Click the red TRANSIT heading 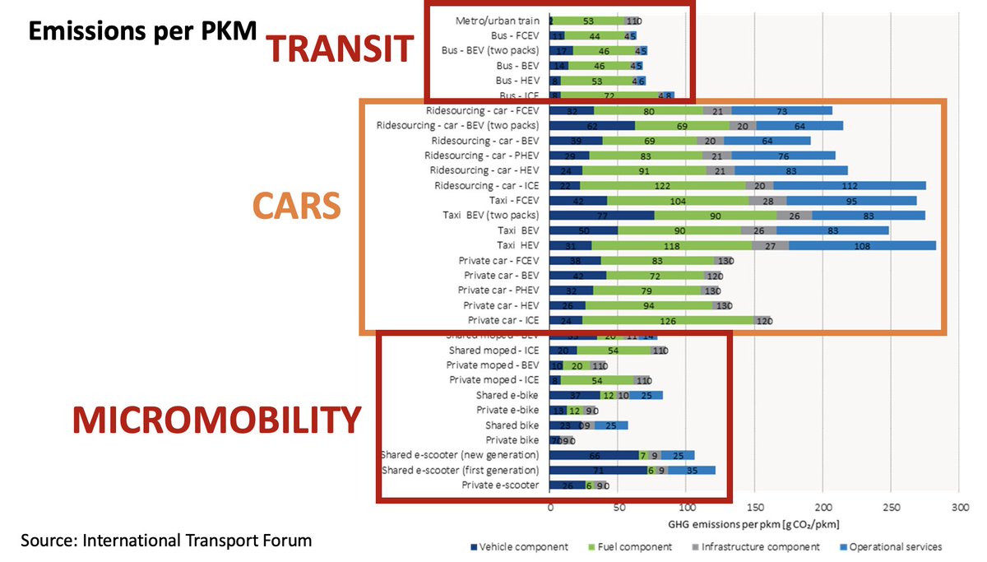tap(340, 50)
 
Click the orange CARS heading tap(295, 207)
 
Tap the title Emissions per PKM tap(142, 30)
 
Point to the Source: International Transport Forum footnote tap(166, 541)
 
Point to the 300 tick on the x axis tap(958, 509)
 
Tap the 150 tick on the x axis tap(754, 509)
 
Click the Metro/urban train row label tap(497, 20)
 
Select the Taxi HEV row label tap(517, 245)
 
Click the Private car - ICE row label tap(503, 320)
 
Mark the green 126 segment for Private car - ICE tap(668, 320)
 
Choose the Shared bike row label tap(512, 425)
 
